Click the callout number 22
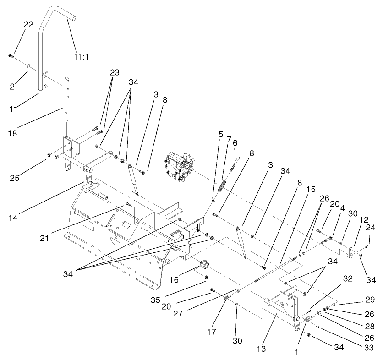28,25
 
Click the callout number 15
297,189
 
